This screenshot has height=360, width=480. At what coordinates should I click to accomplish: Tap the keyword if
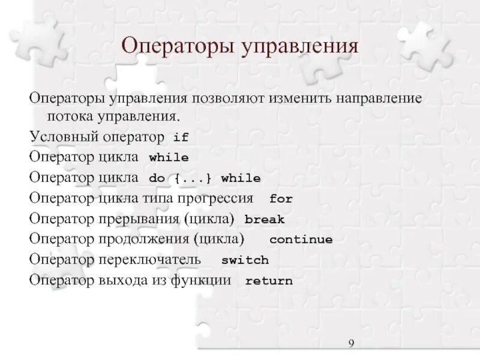tap(181, 137)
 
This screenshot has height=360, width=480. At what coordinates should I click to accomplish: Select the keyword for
tap(281, 199)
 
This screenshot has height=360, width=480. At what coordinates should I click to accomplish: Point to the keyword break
tap(265, 220)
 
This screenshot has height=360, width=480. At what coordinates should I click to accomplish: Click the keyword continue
tap(301, 240)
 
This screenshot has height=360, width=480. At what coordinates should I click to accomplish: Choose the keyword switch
tap(245, 260)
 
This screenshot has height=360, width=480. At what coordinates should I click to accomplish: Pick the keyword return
tap(269, 281)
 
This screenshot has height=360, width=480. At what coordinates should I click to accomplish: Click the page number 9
tap(352, 343)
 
